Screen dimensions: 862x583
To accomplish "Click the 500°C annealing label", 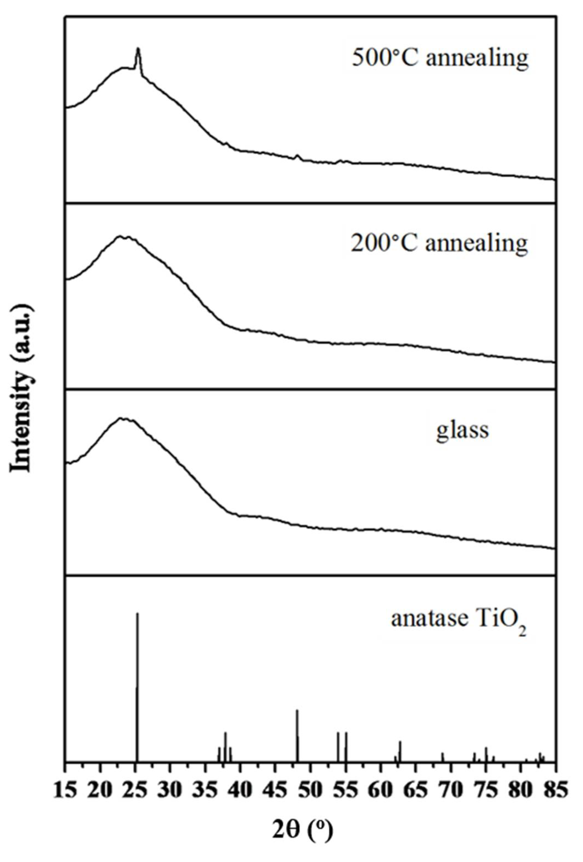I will (x=439, y=58).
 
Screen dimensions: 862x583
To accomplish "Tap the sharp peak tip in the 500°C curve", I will (x=138, y=49).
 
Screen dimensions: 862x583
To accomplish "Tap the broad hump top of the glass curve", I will (x=122, y=419).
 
